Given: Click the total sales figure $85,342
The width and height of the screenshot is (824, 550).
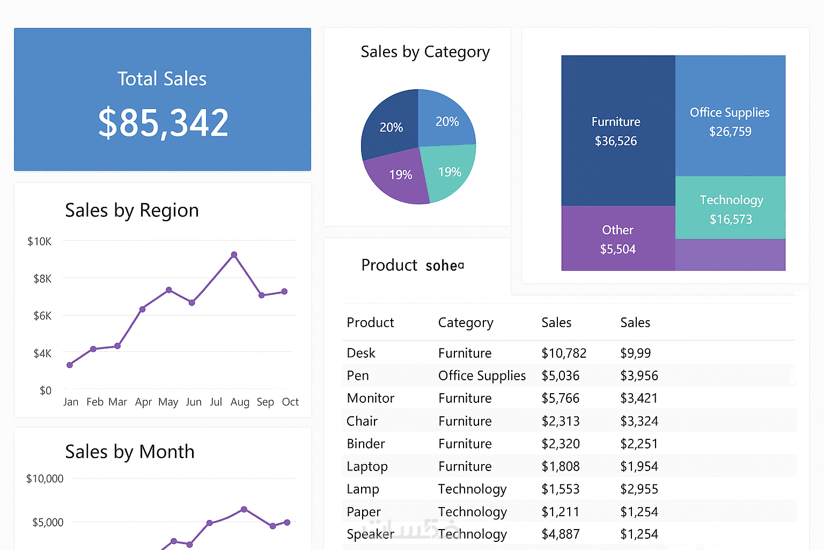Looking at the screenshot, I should (x=163, y=123).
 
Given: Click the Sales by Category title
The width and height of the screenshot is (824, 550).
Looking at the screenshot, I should (x=425, y=52).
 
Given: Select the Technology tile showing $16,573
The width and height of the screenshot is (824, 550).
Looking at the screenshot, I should (x=731, y=209).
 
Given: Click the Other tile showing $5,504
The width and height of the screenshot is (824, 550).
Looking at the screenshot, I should (x=617, y=240).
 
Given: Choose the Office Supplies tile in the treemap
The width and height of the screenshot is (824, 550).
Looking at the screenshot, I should (x=730, y=121).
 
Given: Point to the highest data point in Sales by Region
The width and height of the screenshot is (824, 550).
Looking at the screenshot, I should (x=234, y=255).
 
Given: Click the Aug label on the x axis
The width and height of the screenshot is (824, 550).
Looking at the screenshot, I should (x=240, y=402).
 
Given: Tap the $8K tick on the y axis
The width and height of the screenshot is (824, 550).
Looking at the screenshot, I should (x=42, y=279).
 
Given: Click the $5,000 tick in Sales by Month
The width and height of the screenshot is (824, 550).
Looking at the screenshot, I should (x=48, y=522).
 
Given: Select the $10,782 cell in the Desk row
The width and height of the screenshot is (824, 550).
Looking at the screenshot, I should (x=563, y=353).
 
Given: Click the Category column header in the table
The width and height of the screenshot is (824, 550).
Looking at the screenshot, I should (x=465, y=322).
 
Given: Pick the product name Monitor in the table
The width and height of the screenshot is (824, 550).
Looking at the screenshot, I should (x=370, y=398).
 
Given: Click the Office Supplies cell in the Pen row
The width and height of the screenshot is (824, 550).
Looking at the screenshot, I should (x=482, y=375).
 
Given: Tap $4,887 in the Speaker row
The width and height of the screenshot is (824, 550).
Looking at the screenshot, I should (x=560, y=534).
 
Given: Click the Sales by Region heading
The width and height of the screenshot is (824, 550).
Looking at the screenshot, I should (x=131, y=210).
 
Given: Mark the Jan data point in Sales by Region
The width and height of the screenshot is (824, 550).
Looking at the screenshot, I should (x=70, y=365).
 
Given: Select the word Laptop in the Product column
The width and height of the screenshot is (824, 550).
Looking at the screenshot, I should (x=367, y=466).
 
